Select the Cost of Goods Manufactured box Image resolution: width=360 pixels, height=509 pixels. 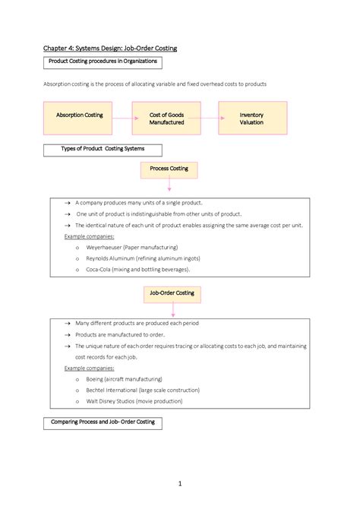166,119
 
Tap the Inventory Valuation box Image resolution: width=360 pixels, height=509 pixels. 251,119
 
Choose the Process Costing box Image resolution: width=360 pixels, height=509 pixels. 169,169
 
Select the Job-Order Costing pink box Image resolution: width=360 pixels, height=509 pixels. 172,292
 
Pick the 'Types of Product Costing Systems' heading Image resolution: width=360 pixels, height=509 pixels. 102,149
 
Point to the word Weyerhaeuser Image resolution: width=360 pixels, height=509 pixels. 111,248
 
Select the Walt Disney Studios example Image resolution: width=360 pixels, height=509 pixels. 134,400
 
